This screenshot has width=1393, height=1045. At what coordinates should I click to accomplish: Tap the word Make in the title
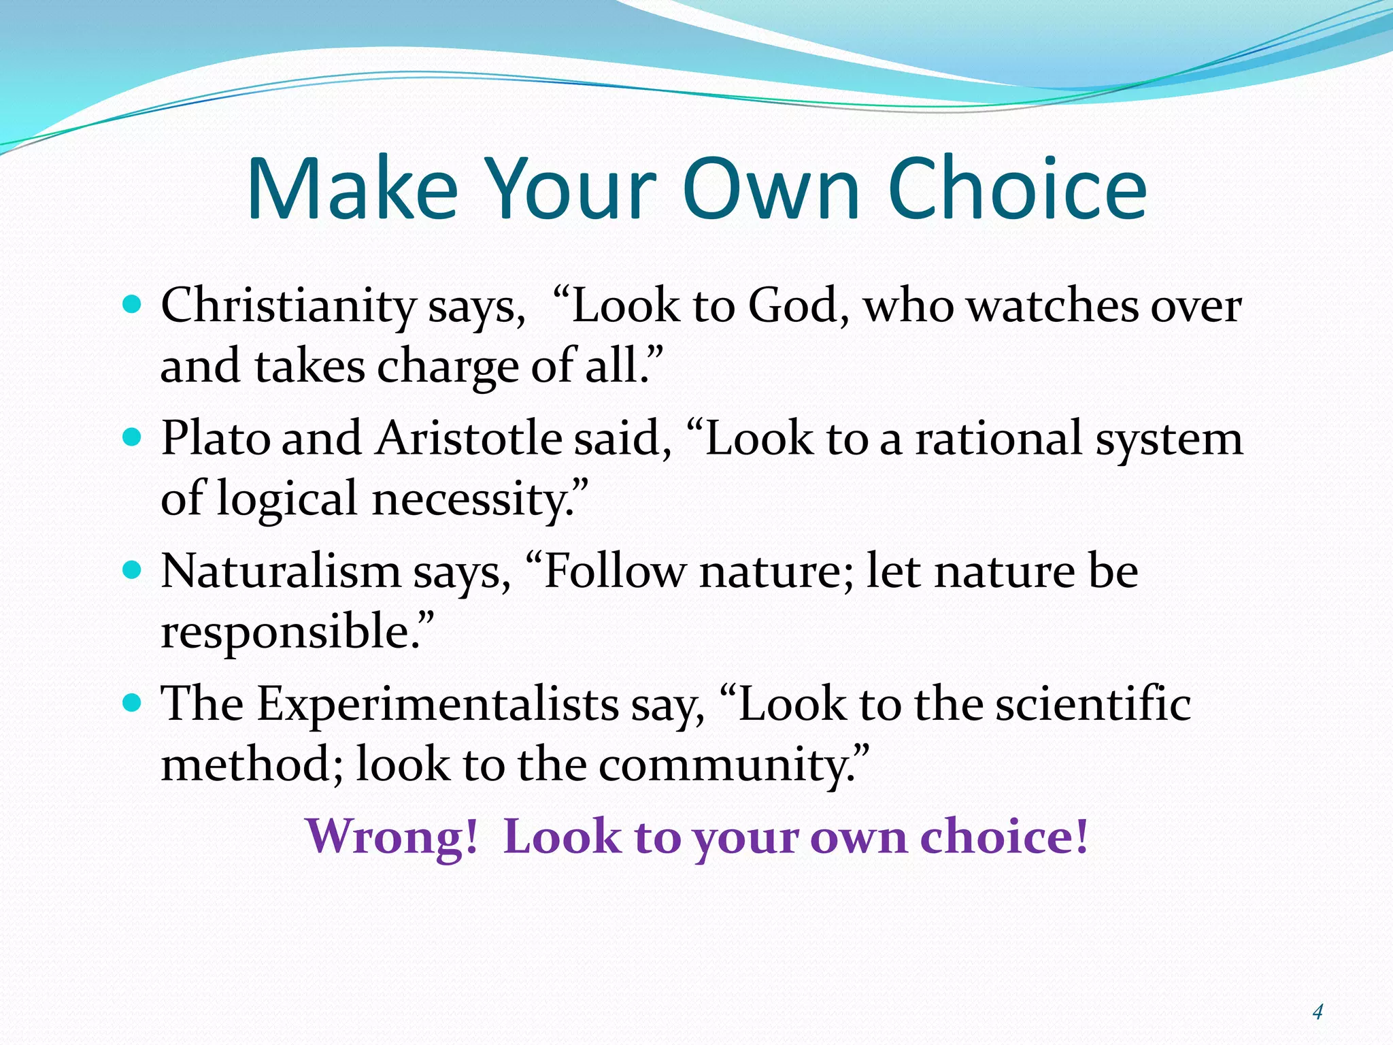tap(352, 188)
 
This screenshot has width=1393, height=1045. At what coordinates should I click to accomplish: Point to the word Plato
tap(216, 438)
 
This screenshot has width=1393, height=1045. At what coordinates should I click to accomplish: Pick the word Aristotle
tap(469, 438)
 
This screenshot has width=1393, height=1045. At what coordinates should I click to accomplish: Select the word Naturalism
tap(281, 571)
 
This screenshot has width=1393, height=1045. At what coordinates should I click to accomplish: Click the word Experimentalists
tap(437, 703)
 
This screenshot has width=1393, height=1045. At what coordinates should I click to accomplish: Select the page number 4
tap(1318, 1012)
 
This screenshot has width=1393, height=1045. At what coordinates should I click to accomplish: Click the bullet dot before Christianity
tap(132, 303)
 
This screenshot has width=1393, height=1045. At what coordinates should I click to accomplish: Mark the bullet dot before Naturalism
tap(132, 569)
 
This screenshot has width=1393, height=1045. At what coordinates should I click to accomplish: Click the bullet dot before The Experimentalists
tap(132, 701)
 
